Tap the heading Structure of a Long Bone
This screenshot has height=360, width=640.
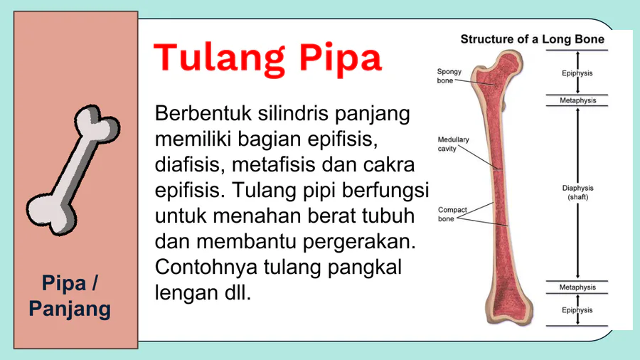click(532, 39)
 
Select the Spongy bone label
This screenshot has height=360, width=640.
click(449, 76)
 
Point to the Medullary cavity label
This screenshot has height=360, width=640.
click(453, 144)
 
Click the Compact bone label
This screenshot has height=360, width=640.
click(452, 214)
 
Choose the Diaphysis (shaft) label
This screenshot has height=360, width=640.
click(577, 192)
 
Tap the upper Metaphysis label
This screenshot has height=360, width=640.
click(577, 100)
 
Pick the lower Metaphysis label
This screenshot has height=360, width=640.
click(577, 287)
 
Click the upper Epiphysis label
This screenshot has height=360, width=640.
click(577, 73)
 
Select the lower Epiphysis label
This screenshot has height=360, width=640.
click(577, 310)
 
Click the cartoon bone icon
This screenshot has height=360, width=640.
click(73, 169)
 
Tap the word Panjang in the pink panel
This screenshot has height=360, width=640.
click(70, 309)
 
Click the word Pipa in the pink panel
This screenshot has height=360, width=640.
click(64, 283)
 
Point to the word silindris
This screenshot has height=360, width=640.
click(293, 113)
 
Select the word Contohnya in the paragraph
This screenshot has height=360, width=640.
click(206, 268)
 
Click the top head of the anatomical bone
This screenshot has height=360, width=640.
click(508, 61)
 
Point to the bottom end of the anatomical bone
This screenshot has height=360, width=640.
click(510, 314)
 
